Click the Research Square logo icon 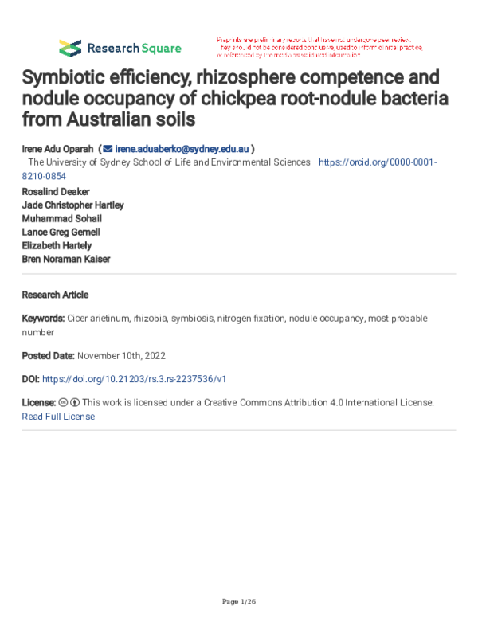(x=70, y=47)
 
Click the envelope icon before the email (x=108, y=148)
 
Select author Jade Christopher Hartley (x=72, y=205)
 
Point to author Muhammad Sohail (x=61, y=219)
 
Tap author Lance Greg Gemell (x=61, y=232)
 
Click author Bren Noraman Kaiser (x=66, y=259)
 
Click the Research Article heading (x=55, y=295)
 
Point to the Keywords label (x=43, y=318)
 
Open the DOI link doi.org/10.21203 (x=139, y=379)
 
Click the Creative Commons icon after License (x=63, y=403)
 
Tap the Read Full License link (x=58, y=417)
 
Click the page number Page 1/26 (x=238, y=600)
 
